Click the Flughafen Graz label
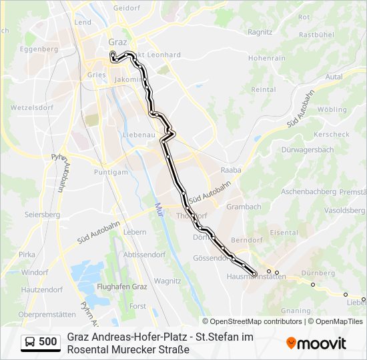click(121, 287)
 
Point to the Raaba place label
click(230, 170)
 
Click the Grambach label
click(244, 207)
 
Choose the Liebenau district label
click(139, 135)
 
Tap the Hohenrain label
click(267, 59)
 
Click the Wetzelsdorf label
click(27, 107)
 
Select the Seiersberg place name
click(42, 215)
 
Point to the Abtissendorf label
click(144, 255)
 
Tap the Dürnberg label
click(318, 273)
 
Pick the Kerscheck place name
click(331, 134)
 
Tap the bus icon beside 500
click(31, 342)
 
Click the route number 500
click(48, 342)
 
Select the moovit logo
click(316, 343)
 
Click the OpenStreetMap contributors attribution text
click(252, 321)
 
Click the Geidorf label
click(125, 8)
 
